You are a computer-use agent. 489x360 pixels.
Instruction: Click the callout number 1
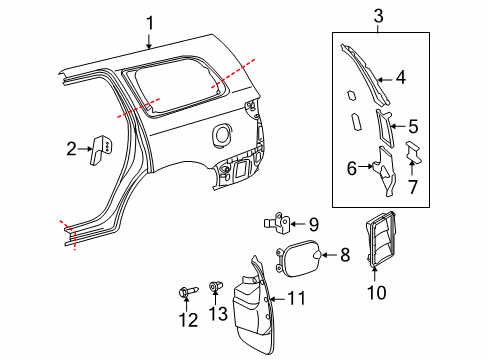(x=149, y=22)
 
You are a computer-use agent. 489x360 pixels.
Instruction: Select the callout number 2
(x=71, y=150)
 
